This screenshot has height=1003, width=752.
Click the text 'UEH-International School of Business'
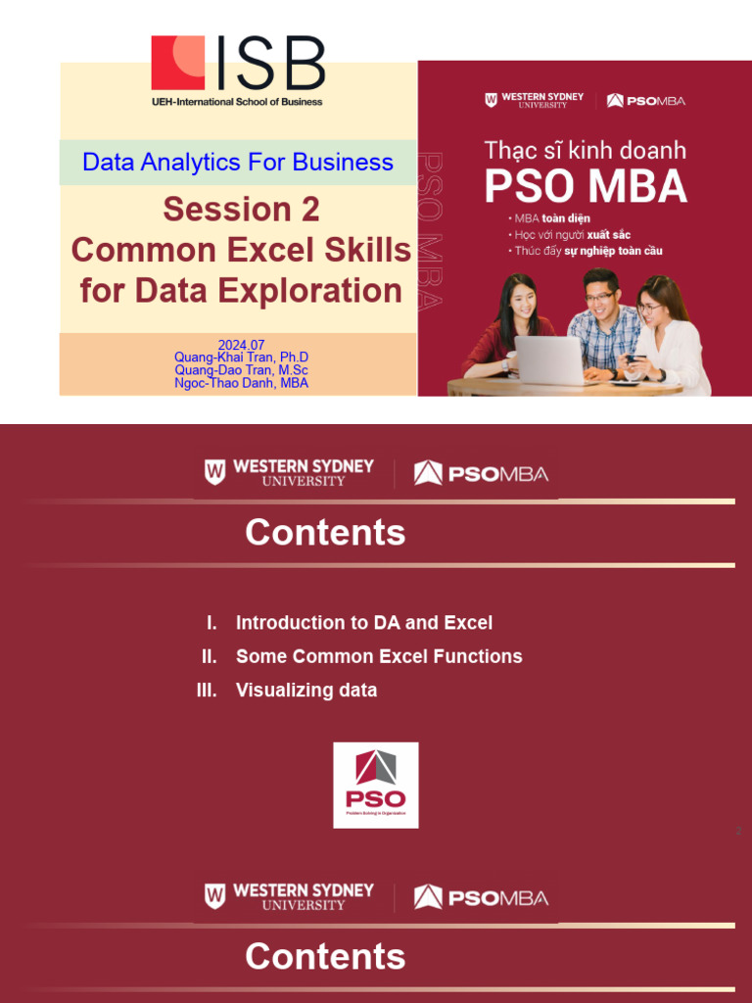(237, 101)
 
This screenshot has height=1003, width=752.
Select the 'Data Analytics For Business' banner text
(238, 163)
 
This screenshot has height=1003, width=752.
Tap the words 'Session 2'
(241, 209)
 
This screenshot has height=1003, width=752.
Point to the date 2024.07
(241, 345)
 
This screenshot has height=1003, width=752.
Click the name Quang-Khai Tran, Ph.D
(241, 358)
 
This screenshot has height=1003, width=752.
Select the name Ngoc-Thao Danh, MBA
(241, 383)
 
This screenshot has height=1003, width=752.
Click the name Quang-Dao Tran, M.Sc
(241, 370)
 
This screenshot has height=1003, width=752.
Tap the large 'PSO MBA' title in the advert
(586, 186)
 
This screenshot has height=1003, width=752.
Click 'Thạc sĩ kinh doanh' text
(586, 151)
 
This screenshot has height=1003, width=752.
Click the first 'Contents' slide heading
(325, 533)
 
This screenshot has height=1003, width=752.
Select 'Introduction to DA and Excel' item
(363, 623)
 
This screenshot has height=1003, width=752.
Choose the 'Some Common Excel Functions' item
(379, 656)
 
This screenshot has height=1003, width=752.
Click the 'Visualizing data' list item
(305, 691)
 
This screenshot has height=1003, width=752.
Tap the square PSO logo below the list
(375, 785)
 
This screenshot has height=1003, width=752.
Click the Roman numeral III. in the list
(206, 691)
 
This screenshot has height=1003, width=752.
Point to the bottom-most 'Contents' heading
(325, 957)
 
